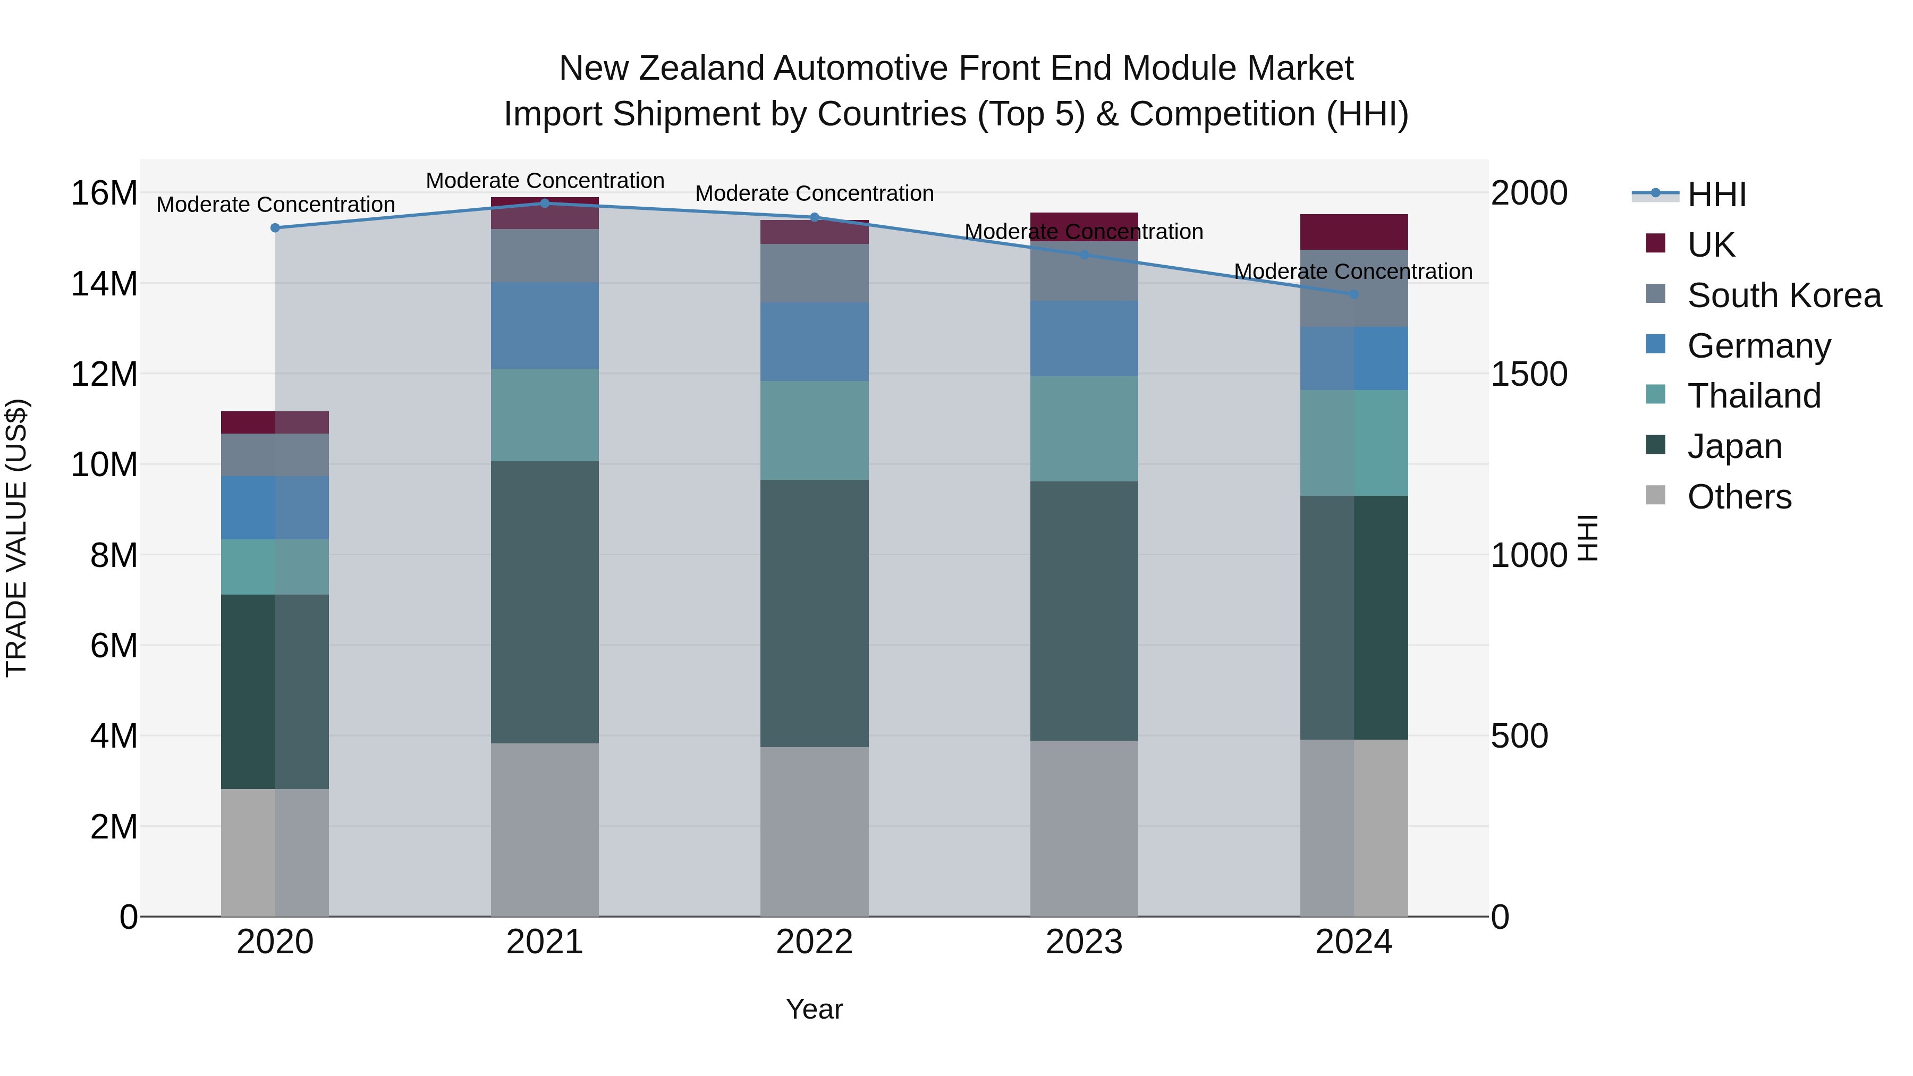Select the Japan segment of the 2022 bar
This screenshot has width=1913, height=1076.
[x=814, y=613]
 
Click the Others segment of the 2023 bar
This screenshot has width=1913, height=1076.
[x=1084, y=828]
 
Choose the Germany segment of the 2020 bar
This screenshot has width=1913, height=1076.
[x=275, y=507]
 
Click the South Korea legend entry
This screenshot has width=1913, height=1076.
[x=1784, y=295]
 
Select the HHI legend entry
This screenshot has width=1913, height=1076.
[x=1716, y=194]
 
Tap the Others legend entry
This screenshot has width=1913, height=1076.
[x=1739, y=497]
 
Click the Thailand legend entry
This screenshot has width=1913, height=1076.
[x=1754, y=396]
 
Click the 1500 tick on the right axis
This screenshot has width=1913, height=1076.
[x=1529, y=374]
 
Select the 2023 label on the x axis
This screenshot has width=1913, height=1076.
[x=1084, y=942]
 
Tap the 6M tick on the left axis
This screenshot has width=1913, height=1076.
[x=114, y=645]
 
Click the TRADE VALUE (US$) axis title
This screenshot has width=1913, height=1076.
[x=16, y=538]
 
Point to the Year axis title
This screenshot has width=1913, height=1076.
[x=814, y=1009]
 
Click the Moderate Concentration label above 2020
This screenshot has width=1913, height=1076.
[x=275, y=204]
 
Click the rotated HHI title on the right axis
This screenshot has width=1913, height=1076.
[x=1586, y=538]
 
